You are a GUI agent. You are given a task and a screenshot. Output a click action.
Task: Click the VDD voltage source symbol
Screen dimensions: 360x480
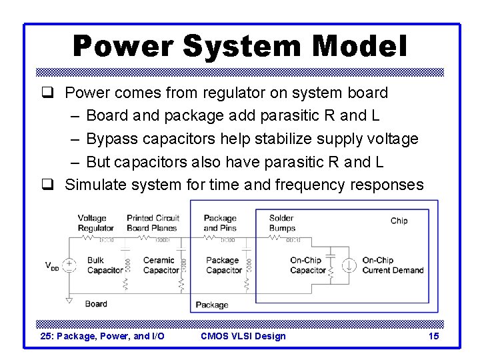(x=69, y=265)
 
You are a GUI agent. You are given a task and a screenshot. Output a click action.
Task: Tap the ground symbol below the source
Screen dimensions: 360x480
(x=69, y=301)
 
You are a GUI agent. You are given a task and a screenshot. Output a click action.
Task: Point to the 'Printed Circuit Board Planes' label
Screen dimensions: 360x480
(x=153, y=223)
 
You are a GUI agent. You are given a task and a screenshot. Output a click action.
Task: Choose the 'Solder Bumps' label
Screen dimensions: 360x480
(x=282, y=223)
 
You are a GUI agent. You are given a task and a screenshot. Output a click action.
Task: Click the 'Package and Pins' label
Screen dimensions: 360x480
(x=220, y=223)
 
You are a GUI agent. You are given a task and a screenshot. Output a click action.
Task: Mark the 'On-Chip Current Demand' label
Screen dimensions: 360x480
(x=393, y=265)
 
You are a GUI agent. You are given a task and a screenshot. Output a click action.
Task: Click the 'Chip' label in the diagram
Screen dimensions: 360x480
(x=399, y=221)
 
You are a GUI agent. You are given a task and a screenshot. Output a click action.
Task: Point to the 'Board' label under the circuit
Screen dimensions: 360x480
(x=96, y=304)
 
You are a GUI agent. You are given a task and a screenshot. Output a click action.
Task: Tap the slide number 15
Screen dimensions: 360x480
(x=433, y=336)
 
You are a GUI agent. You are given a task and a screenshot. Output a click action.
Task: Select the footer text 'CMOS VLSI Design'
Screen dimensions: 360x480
(x=243, y=336)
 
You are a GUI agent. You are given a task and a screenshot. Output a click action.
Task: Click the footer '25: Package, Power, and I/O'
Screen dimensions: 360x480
(x=103, y=336)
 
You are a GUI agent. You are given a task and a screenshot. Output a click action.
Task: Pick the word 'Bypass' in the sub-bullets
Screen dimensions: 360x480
(x=111, y=139)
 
